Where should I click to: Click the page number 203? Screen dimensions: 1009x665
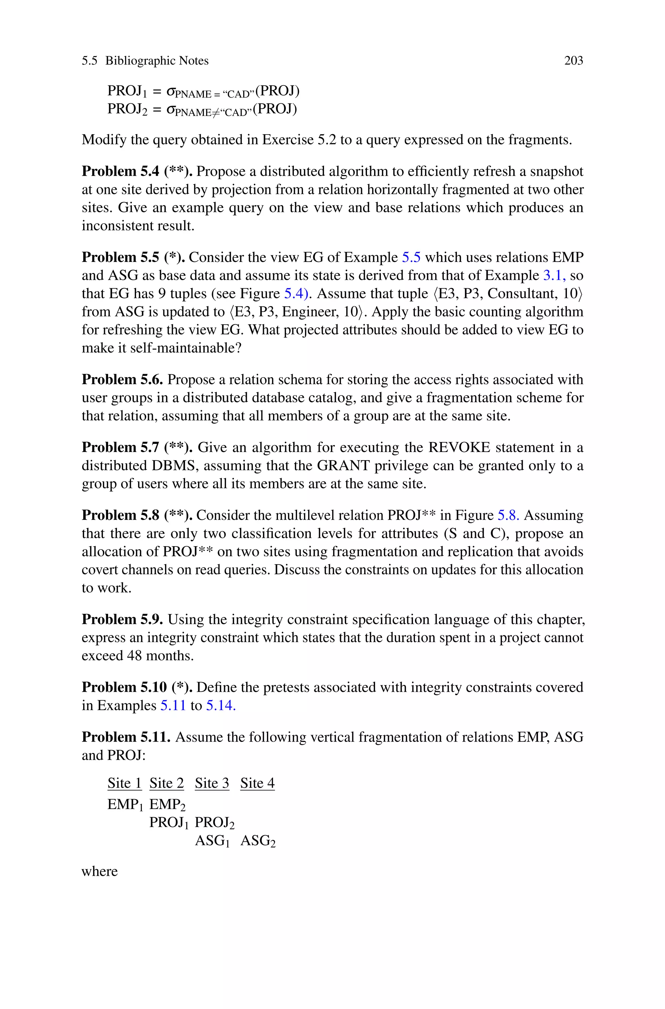point(573,61)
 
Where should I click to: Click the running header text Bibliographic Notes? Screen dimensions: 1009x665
point(157,61)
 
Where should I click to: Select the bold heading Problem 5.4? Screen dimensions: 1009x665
point(120,172)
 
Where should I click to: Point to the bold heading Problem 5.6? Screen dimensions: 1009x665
point(122,379)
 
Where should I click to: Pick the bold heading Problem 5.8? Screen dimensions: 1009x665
point(120,515)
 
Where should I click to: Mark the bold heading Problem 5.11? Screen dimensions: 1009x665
point(126,737)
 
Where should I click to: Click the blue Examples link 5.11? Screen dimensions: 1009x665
point(173,705)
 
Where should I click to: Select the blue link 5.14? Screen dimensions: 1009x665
point(220,705)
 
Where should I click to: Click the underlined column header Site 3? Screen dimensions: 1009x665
point(212,783)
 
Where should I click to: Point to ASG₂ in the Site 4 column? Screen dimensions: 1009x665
point(258,841)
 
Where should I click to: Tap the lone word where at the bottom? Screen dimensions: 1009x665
point(99,872)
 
